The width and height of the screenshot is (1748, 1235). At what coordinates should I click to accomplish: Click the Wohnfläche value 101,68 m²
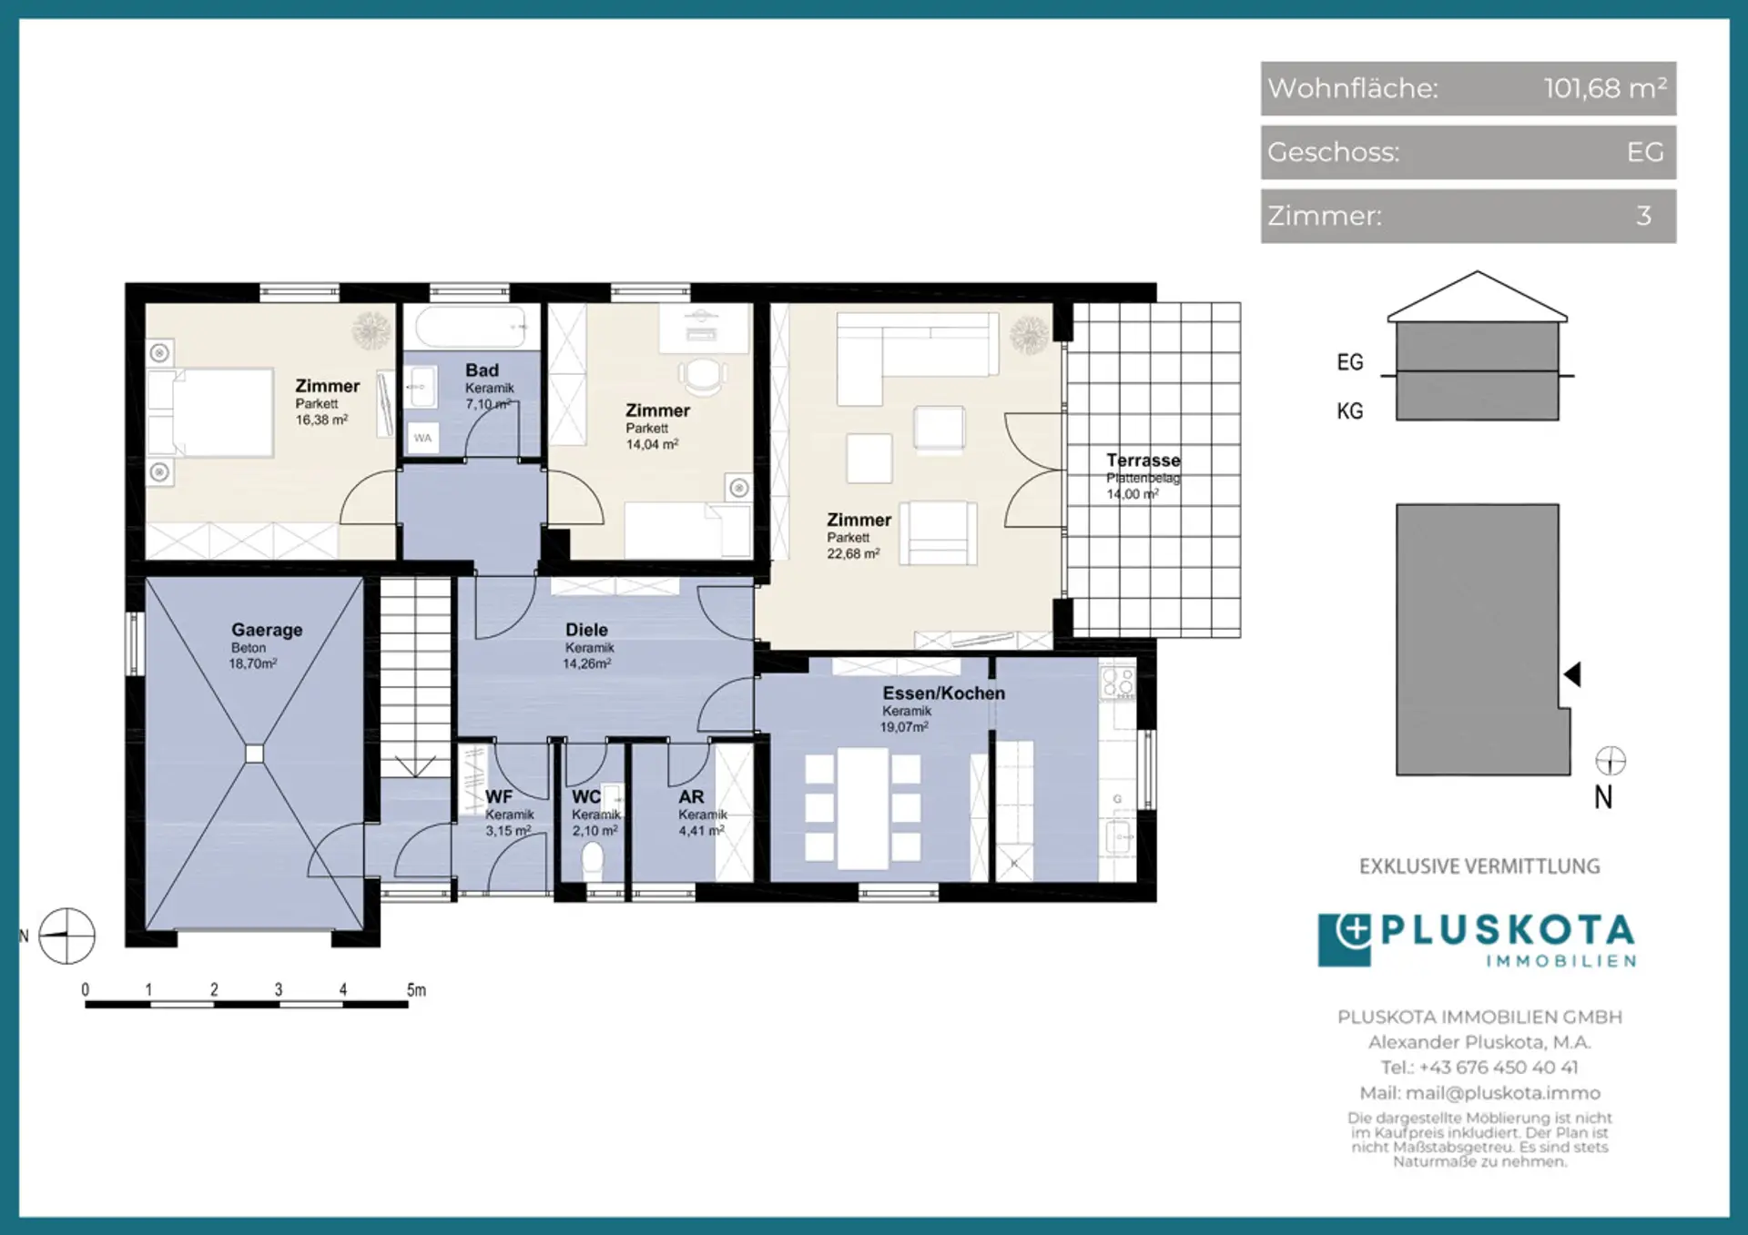click(x=1605, y=88)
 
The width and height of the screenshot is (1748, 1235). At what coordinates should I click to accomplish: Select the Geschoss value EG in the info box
click(x=1645, y=152)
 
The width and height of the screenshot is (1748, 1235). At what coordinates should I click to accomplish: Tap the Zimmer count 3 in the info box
click(x=1643, y=216)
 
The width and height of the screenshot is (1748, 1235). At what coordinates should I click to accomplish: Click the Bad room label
click(x=482, y=370)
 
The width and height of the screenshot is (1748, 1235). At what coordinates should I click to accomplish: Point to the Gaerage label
click(x=267, y=630)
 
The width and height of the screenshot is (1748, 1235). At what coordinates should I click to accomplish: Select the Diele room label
click(x=586, y=630)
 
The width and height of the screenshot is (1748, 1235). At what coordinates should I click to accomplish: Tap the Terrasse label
click(x=1143, y=461)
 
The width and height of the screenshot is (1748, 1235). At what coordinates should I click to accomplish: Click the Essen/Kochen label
click(x=944, y=693)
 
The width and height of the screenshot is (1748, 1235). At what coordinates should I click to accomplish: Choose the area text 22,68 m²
click(x=853, y=553)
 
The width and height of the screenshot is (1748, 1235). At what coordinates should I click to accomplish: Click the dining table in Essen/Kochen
click(x=863, y=808)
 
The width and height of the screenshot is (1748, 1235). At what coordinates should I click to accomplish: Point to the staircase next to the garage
click(x=416, y=677)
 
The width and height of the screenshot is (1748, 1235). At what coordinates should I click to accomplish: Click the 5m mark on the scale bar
click(x=416, y=990)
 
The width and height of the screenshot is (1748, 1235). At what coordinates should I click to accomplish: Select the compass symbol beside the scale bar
click(x=66, y=936)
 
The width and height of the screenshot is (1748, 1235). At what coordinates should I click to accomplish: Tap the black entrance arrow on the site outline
click(x=1572, y=674)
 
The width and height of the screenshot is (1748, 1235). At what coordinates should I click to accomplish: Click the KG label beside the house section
click(x=1350, y=411)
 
